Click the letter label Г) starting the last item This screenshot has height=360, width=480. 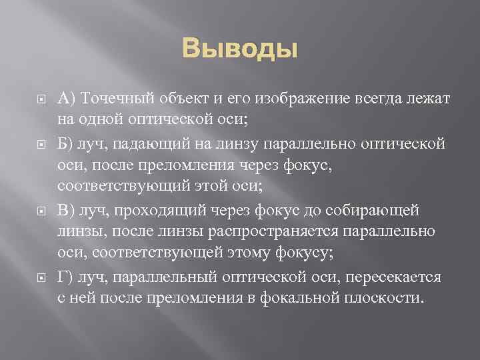coord(65,275)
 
